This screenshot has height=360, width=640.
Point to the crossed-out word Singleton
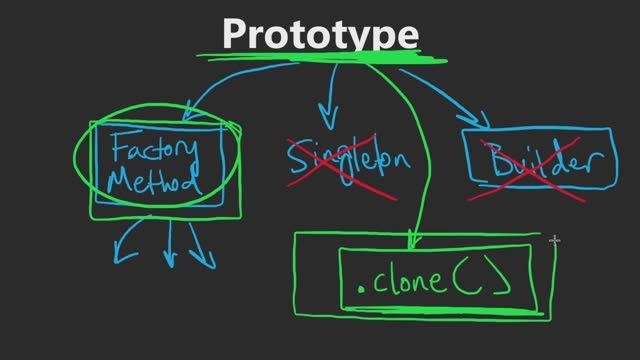346,160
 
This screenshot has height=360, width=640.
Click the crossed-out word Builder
536,163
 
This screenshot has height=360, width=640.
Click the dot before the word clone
361,291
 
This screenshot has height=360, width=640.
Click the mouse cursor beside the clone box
555,240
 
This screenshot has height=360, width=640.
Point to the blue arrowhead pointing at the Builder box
483,121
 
